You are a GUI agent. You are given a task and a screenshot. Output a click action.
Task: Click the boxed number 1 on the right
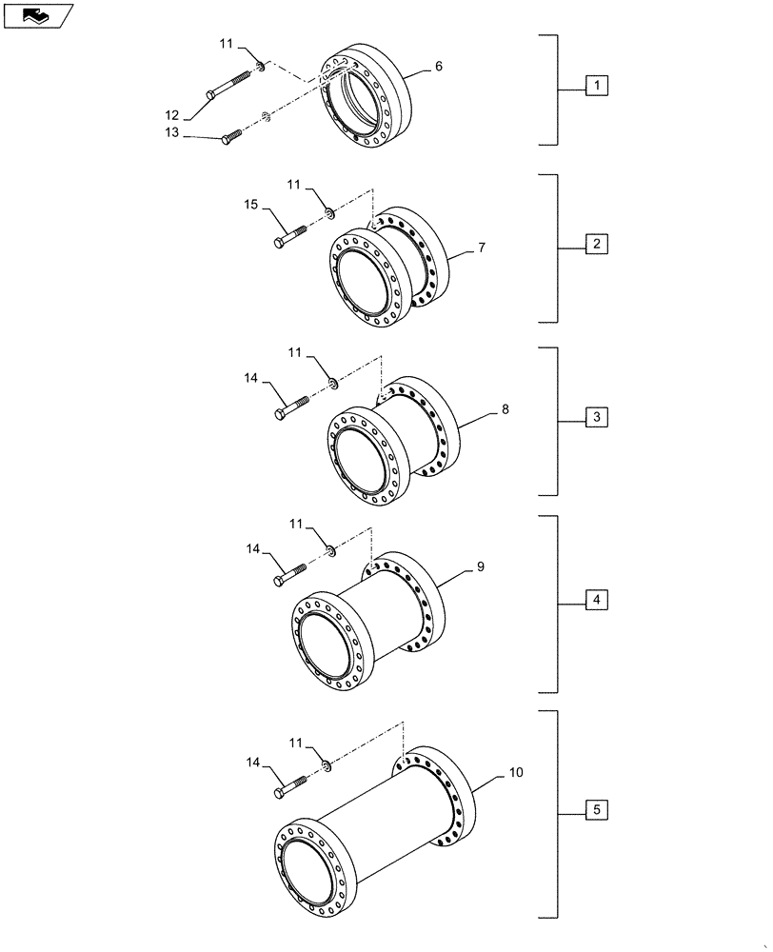pyautogui.click(x=596, y=88)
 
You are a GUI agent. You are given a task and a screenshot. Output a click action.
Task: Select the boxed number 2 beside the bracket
pyautogui.click(x=596, y=244)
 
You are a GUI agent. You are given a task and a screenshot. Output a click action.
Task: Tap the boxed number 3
pyautogui.click(x=596, y=418)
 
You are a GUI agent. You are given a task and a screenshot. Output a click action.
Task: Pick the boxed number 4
pyautogui.click(x=596, y=601)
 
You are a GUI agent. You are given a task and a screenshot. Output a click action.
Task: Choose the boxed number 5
pyautogui.click(x=596, y=810)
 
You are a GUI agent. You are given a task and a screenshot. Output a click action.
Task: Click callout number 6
pyautogui.click(x=438, y=67)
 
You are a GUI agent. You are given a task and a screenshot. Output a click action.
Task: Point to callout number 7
pyautogui.click(x=482, y=248)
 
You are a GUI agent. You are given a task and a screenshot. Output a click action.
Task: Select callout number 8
pyautogui.click(x=505, y=409)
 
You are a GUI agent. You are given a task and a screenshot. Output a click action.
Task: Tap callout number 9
pyautogui.click(x=480, y=566)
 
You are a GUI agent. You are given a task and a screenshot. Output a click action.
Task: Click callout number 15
pyautogui.click(x=250, y=205)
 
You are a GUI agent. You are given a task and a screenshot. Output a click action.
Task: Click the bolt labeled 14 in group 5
pyautogui.click(x=290, y=785)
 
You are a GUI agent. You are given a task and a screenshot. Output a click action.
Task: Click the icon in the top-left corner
pyautogui.click(x=37, y=14)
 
